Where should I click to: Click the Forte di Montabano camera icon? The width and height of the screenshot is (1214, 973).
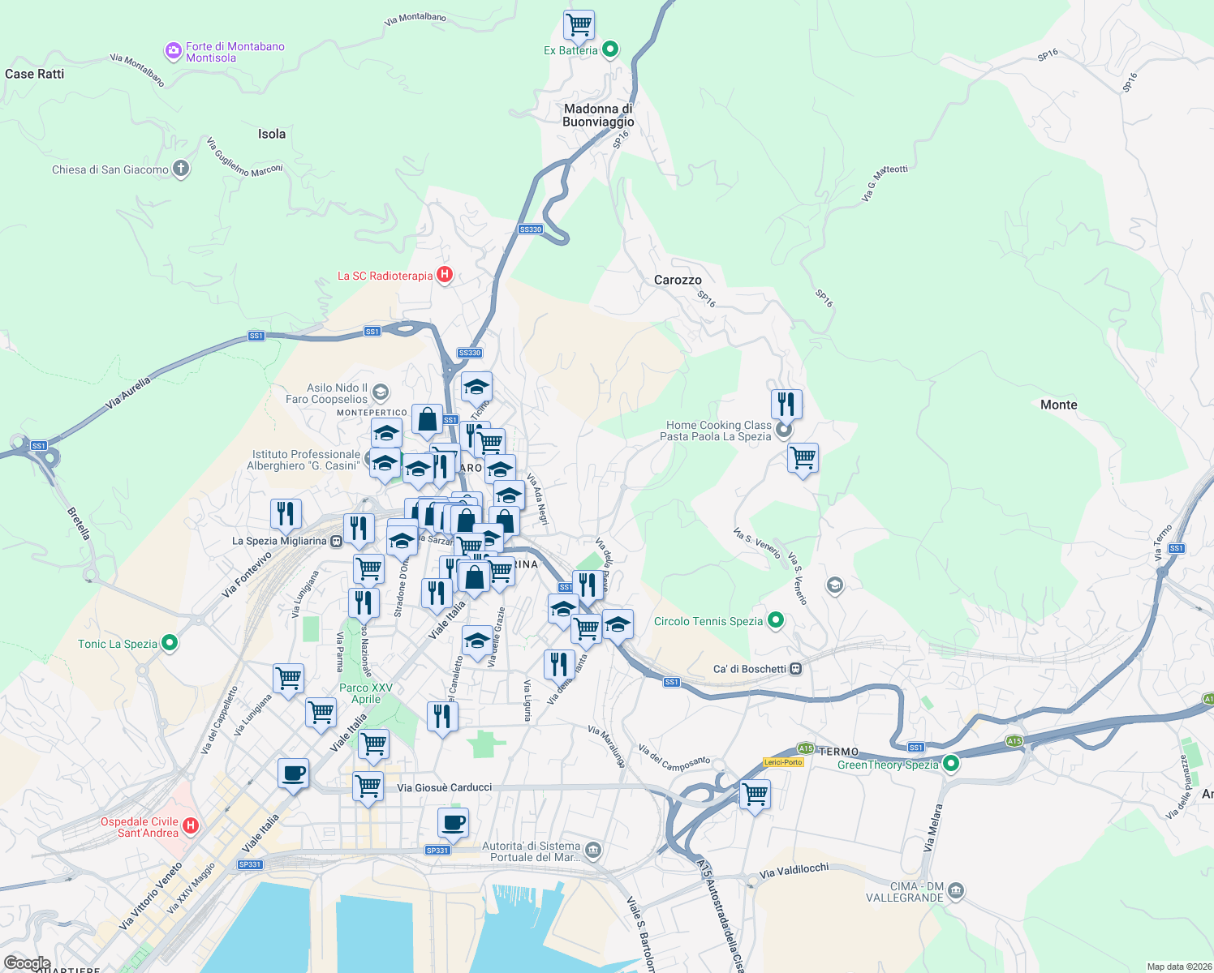pyautogui.click(x=173, y=52)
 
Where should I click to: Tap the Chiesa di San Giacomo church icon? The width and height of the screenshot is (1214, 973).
pyautogui.click(x=181, y=169)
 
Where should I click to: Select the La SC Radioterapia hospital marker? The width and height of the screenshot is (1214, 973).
pyautogui.click(x=444, y=276)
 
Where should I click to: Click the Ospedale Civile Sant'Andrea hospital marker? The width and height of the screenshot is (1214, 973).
pyautogui.click(x=191, y=826)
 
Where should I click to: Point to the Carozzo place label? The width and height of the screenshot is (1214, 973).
pyautogui.click(x=678, y=280)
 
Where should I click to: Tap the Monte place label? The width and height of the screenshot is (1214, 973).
pyautogui.click(x=1058, y=405)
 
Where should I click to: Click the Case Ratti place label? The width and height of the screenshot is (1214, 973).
pyautogui.click(x=34, y=74)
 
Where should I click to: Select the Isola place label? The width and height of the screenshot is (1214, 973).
pyautogui.click(x=272, y=134)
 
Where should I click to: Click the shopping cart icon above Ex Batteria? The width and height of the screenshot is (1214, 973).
pyautogui.click(x=579, y=24)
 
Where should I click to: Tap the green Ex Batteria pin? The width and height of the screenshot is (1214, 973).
pyautogui.click(x=610, y=50)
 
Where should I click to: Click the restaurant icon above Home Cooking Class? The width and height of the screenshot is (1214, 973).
pyautogui.click(x=786, y=403)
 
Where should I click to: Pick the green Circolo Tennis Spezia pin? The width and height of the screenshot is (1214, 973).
pyautogui.click(x=776, y=621)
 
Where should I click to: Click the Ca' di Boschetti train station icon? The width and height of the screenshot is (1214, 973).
pyautogui.click(x=796, y=669)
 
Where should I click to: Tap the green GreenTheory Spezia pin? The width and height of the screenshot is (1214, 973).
pyautogui.click(x=951, y=764)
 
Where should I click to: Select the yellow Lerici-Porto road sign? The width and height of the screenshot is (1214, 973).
pyautogui.click(x=783, y=762)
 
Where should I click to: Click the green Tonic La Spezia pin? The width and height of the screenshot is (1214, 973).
pyautogui.click(x=170, y=644)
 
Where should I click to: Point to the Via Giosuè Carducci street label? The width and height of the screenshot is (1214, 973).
pyautogui.click(x=445, y=787)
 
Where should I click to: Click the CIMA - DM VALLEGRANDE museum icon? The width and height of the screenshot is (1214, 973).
pyautogui.click(x=956, y=891)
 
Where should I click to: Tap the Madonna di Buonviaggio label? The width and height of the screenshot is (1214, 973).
pyautogui.click(x=598, y=115)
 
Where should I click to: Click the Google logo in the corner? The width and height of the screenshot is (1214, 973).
pyautogui.click(x=27, y=963)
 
